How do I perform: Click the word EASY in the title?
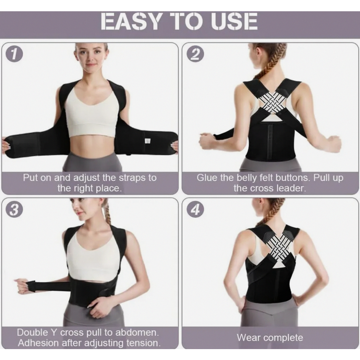[131, 21]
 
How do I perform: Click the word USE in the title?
[235, 21]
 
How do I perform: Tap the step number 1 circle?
[14, 54]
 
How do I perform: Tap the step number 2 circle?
[195, 54]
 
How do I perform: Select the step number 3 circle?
[14, 209]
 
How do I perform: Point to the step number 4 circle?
[195, 209]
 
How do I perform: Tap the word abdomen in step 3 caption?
[137, 332]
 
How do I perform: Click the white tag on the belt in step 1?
[148, 140]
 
